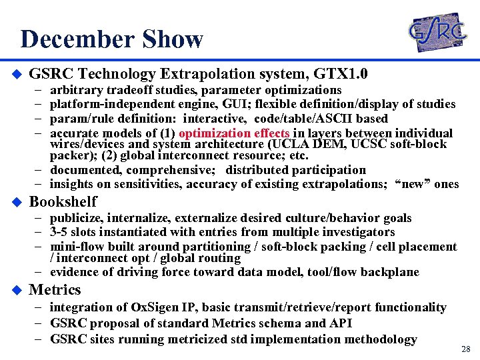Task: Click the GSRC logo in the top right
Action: click(x=437, y=32)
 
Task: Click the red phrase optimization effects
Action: click(x=233, y=133)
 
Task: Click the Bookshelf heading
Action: click(x=63, y=201)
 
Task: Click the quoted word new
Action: click(x=413, y=184)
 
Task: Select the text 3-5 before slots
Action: click(x=61, y=232)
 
